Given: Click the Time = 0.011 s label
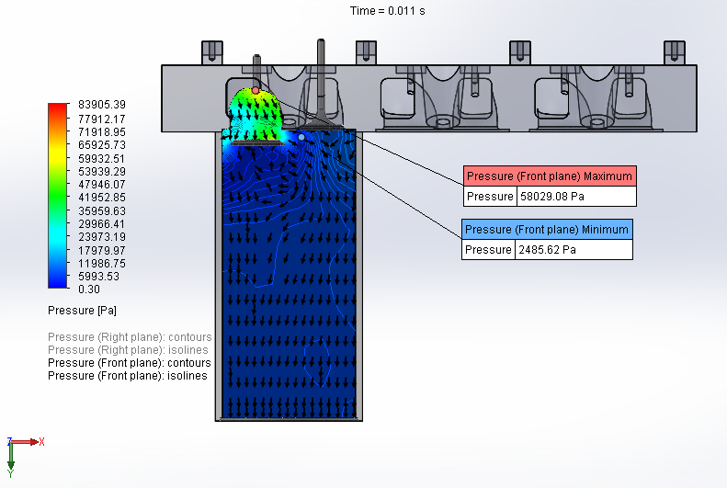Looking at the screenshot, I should (x=387, y=11).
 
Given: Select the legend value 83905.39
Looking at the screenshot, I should (x=101, y=105).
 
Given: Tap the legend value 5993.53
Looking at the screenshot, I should (x=98, y=277).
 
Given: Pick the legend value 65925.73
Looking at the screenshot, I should (x=101, y=145).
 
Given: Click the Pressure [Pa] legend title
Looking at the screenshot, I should (x=82, y=311).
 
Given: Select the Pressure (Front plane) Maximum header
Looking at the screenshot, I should (x=549, y=176).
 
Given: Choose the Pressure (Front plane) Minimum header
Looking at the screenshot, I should (x=547, y=230).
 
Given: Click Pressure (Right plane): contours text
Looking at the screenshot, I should (x=129, y=337).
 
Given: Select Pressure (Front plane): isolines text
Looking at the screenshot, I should (x=127, y=376).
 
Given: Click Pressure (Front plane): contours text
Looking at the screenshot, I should (x=129, y=363).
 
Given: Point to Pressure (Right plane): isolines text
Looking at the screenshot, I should (x=127, y=350).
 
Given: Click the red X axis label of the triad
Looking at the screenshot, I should (x=41, y=441).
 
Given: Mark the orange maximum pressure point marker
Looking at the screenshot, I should (x=256, y=91).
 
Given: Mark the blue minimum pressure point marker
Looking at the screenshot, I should (x=301, y=137).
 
